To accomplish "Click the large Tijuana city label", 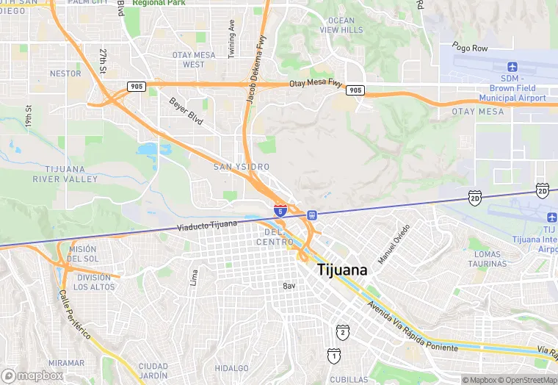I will click(x=342, y=270).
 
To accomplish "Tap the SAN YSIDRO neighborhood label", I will click(x=242, y=168).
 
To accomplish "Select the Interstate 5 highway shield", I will click(x=280, y=210).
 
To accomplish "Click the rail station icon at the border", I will click(x=312, y=215).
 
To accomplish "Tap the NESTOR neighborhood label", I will click(x=65, y=73).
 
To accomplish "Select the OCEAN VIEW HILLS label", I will click(x=341, y=25).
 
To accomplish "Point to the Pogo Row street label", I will click(x=470, y=48).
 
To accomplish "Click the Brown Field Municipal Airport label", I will click(x=512, y=88).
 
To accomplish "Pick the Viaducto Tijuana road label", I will click(x=207, y=224).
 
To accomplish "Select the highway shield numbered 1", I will click(x=334, y=356).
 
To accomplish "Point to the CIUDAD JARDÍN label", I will click(x=153, y=370).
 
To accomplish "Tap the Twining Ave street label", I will click(x=232, y=35).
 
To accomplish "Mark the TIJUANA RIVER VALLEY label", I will click(x=65, y=174).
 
